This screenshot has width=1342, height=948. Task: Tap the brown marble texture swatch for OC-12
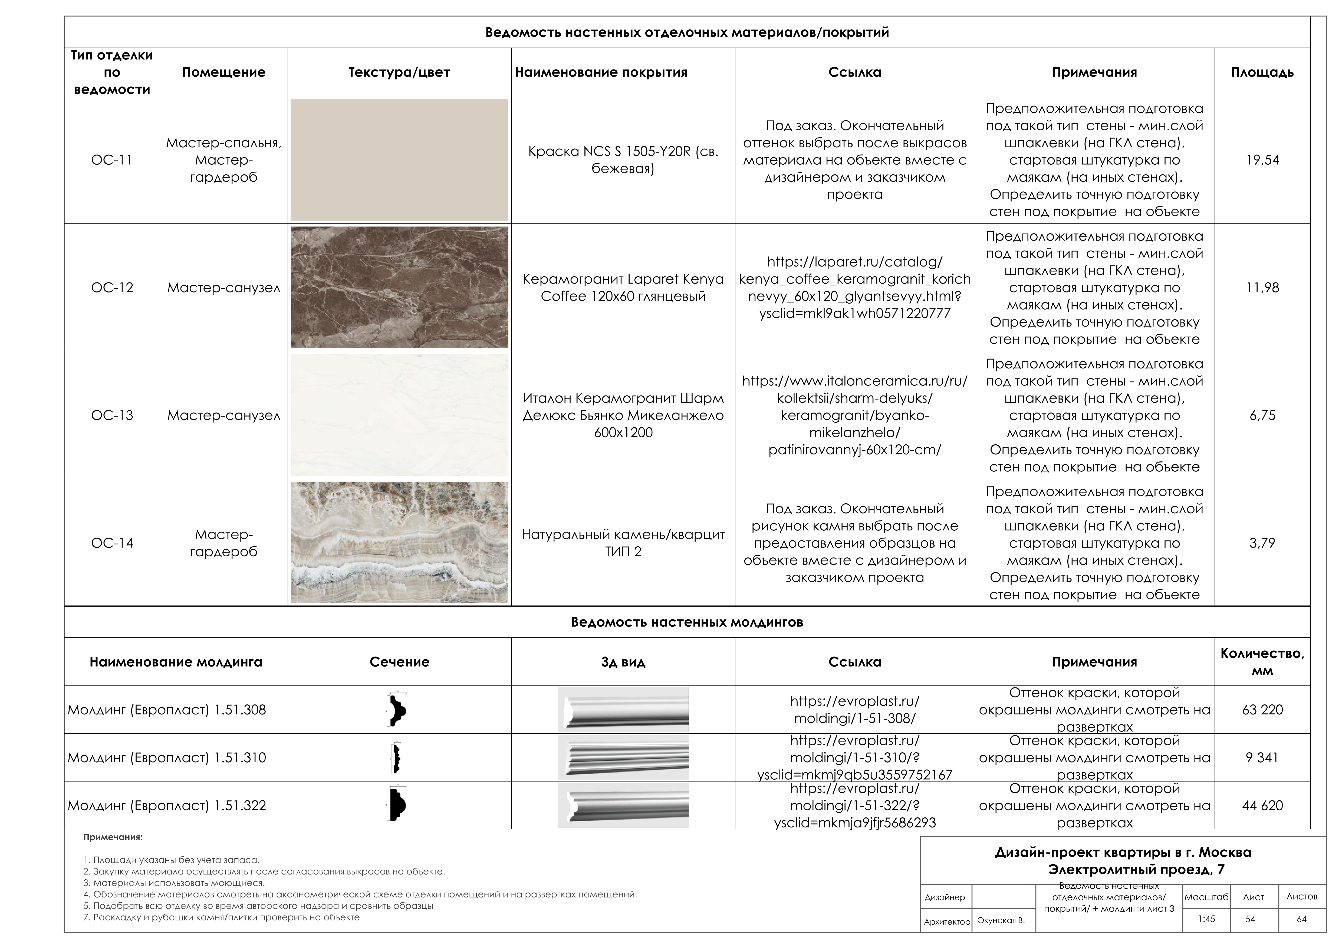click(x=399, y=287)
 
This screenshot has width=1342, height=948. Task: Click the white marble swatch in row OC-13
click(x=399, y=415)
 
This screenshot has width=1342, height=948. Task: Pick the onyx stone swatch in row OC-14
click(x=399, y=543)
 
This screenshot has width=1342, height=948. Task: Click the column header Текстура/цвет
click(x=399, y=72)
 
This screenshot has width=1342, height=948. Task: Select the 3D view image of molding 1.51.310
click(x=623, y=758)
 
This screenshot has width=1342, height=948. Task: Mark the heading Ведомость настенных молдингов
click(x=687, y=622)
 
